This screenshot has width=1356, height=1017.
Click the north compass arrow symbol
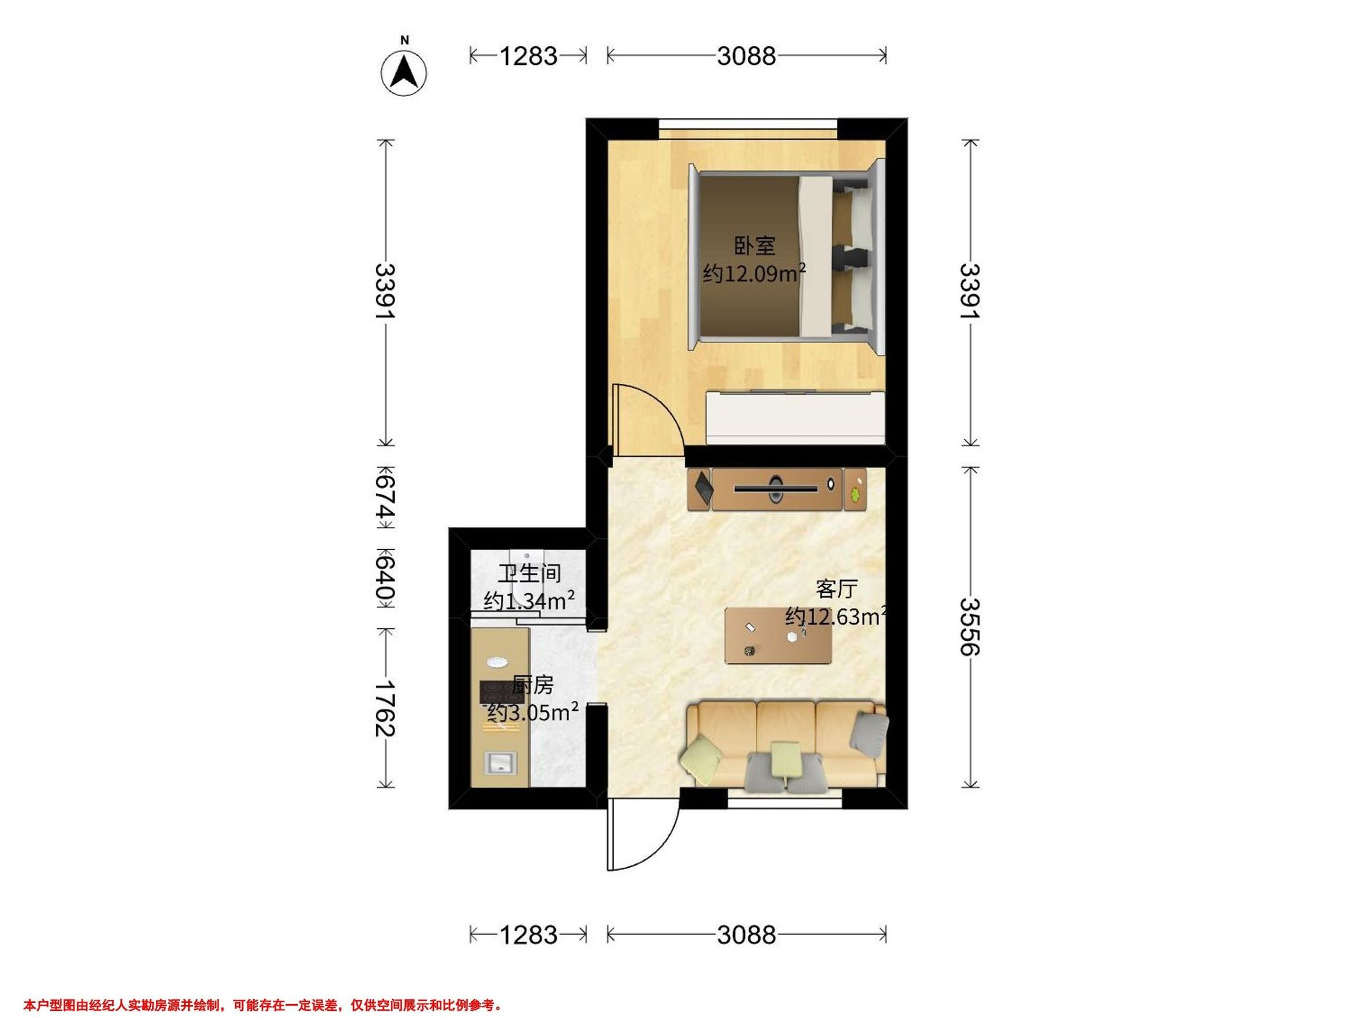click(x=404, y=73)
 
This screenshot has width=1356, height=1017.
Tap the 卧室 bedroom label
click(x=755, y=246)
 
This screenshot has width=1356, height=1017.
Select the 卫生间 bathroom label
click(x=529, y=574)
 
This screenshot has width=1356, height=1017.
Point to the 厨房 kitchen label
click(x=533, y=685)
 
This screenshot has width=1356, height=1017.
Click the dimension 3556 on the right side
click(x=969, y=627)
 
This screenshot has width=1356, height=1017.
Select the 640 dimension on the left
click(x=385, y=579)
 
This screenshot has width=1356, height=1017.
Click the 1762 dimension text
click(x=385, y=708)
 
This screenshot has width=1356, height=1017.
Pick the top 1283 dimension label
click(x=528, y=56)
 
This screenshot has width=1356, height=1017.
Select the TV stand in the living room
click(x=777, y=489)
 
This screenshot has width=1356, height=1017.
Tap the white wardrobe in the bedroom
click(x=796, y=418)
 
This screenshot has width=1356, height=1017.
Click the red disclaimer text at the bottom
click(x=263, y=988)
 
